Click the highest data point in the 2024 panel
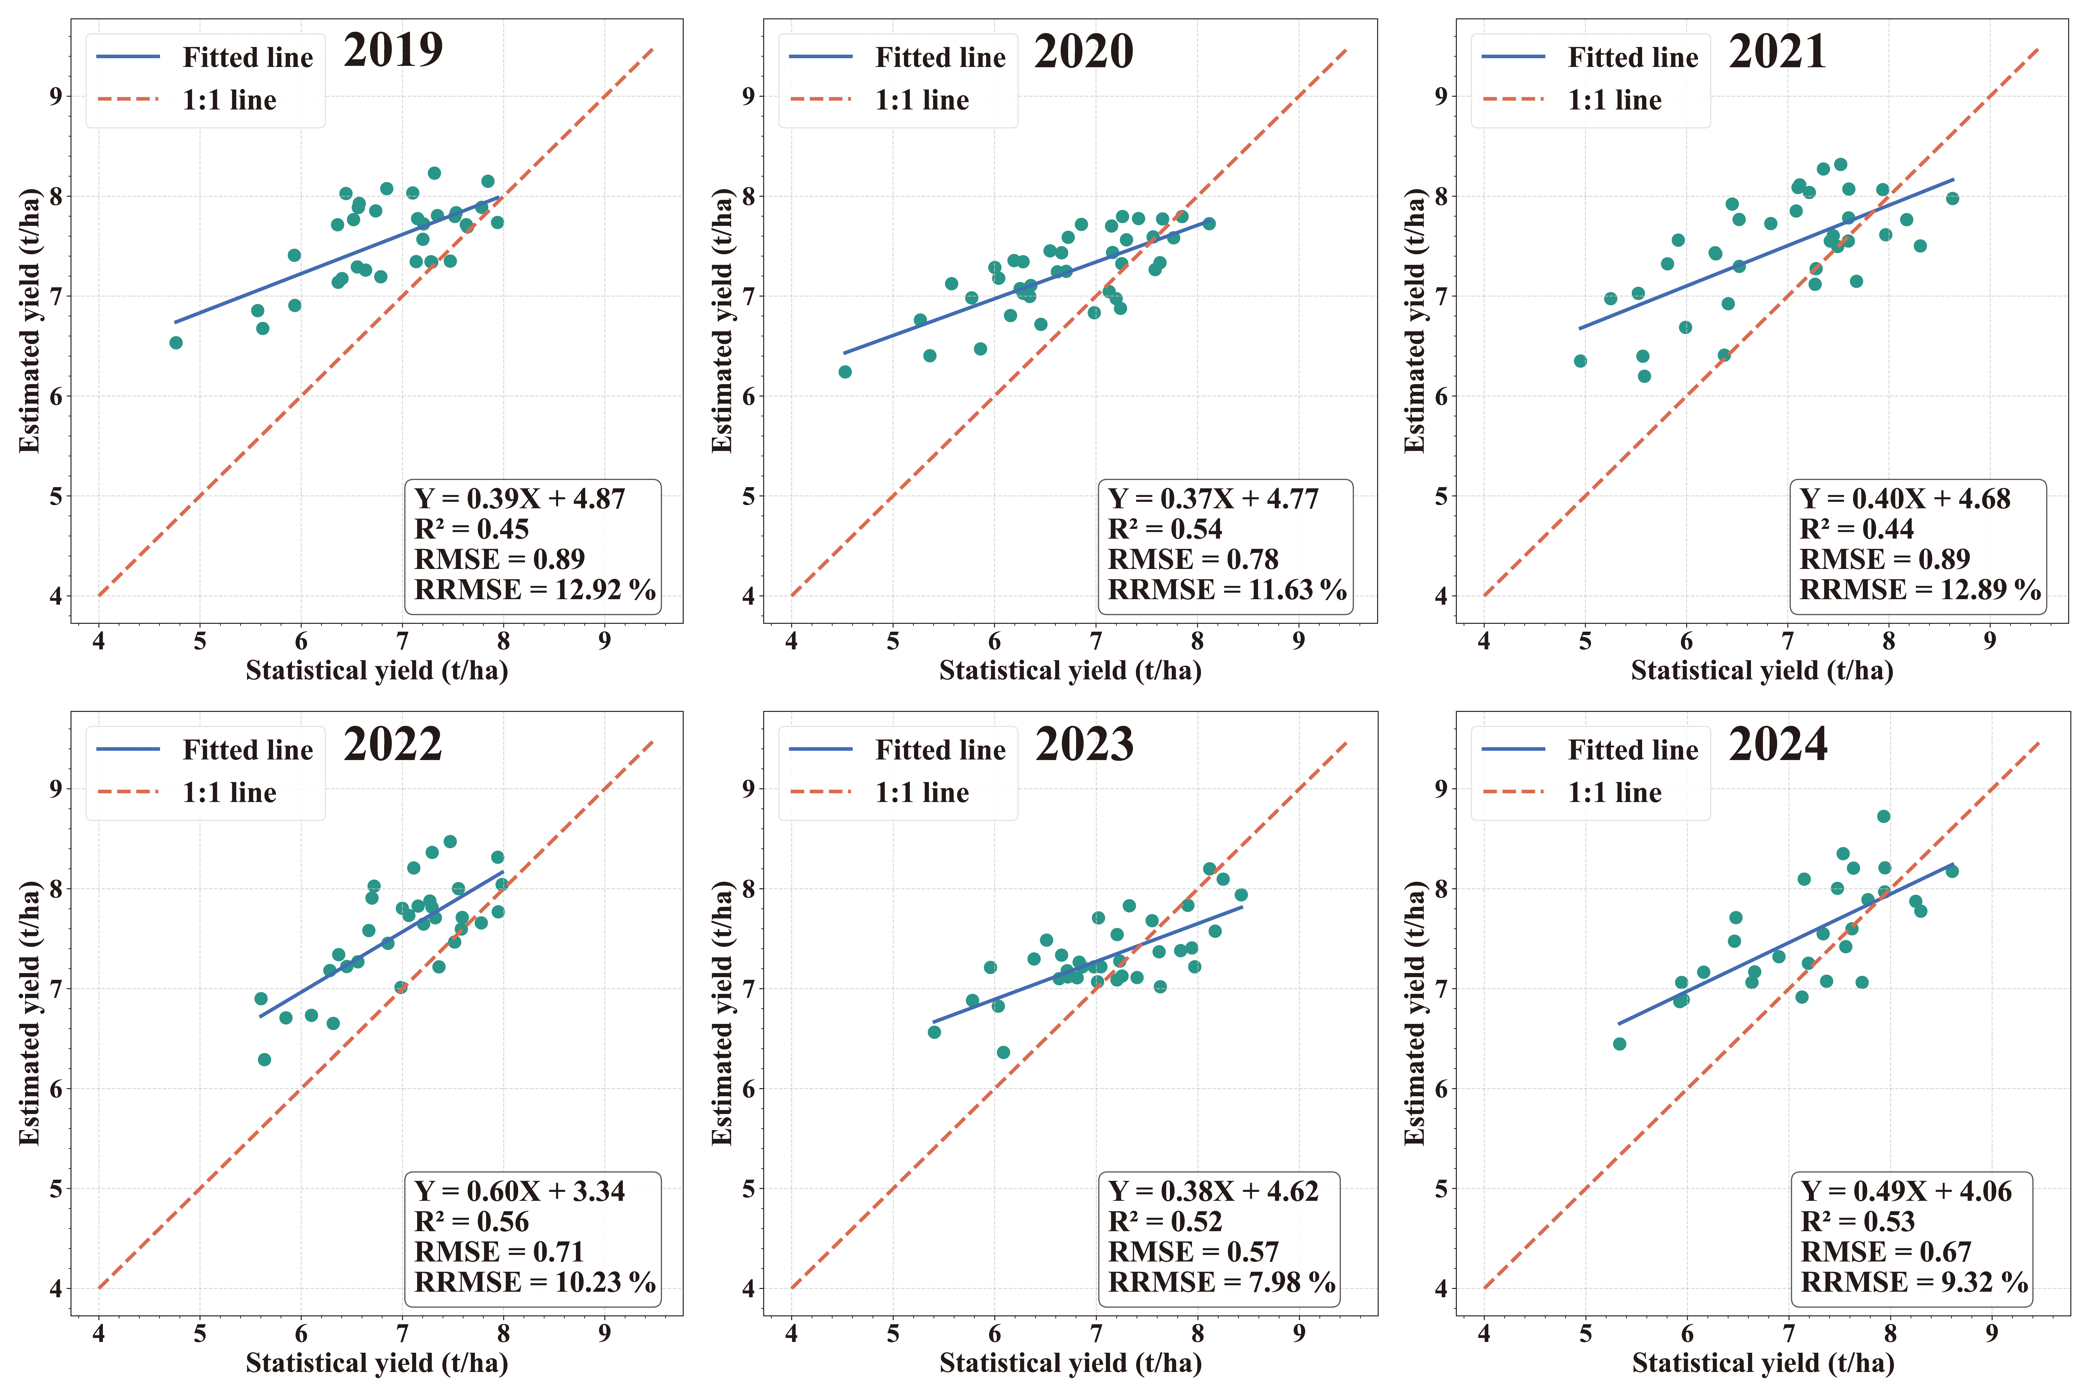point(1883,816)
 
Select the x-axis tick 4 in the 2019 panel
point(99,641)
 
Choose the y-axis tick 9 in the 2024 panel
point(1441,789)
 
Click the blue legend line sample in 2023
point(820,749)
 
